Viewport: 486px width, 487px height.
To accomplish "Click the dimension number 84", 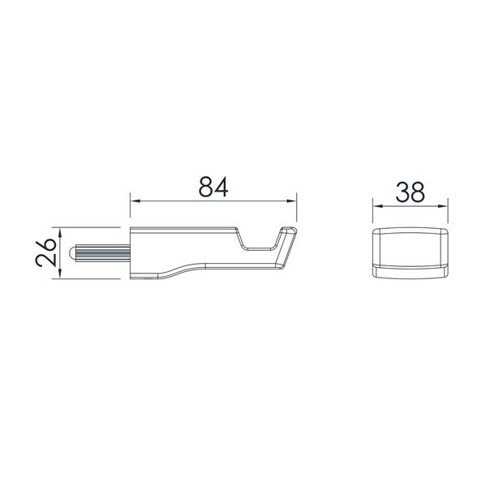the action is coord(213,187).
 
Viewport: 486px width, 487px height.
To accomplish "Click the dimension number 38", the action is coord(410,192).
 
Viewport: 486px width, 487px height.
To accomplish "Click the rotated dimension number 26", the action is coord(46,252).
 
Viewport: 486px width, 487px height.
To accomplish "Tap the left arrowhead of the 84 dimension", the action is coord(135,201).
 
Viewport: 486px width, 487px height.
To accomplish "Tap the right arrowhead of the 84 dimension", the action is coord(291,201).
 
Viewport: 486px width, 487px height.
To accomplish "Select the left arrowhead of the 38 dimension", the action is coord(378,206).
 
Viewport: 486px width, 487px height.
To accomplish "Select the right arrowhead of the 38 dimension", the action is coord(443,206).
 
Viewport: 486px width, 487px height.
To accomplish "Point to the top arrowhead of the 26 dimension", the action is coord(60,233).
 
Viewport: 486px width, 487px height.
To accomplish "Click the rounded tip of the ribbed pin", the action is coord(71,252).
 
